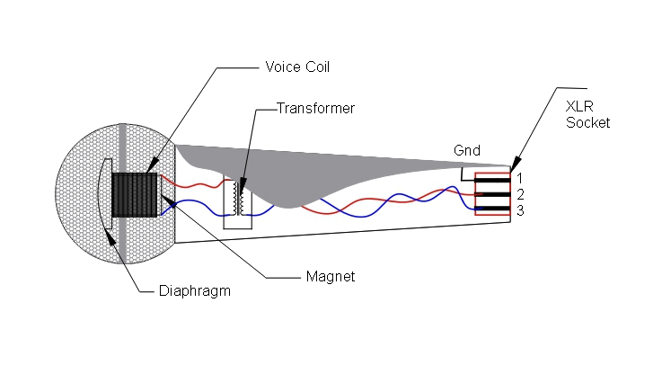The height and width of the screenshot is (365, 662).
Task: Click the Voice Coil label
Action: click(x=297, y=67)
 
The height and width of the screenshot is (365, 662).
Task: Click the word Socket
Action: click(x=588, y=121)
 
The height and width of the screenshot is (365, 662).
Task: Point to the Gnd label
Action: click(x=466, y=150)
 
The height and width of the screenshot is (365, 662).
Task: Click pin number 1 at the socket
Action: click(x=521, y=177)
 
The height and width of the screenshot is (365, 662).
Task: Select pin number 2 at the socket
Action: click(x=521, y=193)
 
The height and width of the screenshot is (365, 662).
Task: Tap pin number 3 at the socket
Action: click(x=521, y=210)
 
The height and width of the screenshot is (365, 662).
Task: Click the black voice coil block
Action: click(x=135, y=192)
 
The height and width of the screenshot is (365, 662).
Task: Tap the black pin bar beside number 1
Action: click(x=493, y=180)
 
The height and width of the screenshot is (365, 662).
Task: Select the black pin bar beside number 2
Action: click(x=493, y=194)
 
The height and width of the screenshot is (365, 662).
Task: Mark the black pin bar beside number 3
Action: click(x=493, y=209)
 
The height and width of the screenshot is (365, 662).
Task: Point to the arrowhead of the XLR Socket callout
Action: click(x=513, y=167)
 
